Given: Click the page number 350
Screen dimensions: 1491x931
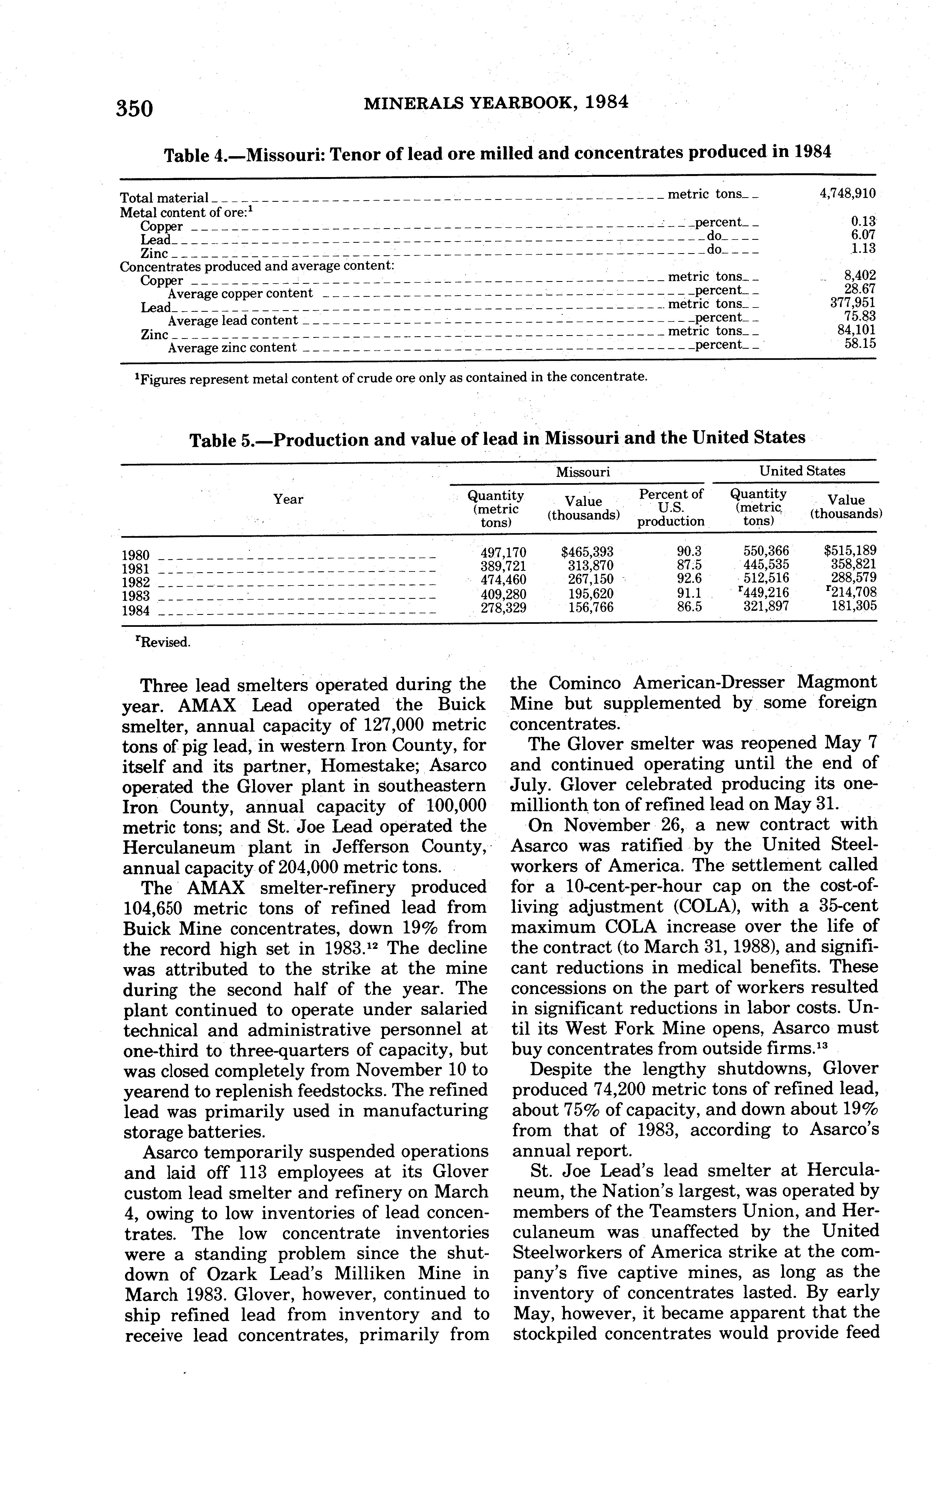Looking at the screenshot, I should (134, 108).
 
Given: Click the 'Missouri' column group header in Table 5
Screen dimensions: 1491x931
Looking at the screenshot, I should (583, 472).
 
